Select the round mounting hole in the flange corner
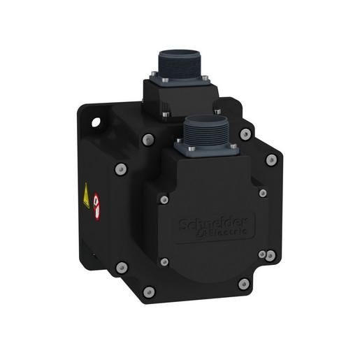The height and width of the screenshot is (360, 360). click(96, 127)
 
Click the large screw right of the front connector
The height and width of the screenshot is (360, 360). click(245, 134)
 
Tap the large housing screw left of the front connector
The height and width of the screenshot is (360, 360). click(147, 139)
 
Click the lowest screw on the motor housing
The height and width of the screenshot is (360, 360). click(149, 291)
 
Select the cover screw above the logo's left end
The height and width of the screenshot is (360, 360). click(164, 200)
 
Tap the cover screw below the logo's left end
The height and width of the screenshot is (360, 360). click(164, 262)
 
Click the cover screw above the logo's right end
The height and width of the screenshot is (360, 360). click(263, 193)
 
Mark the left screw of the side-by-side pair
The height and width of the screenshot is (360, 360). click(261, 255)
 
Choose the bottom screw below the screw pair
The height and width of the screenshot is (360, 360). click(243, 284)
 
